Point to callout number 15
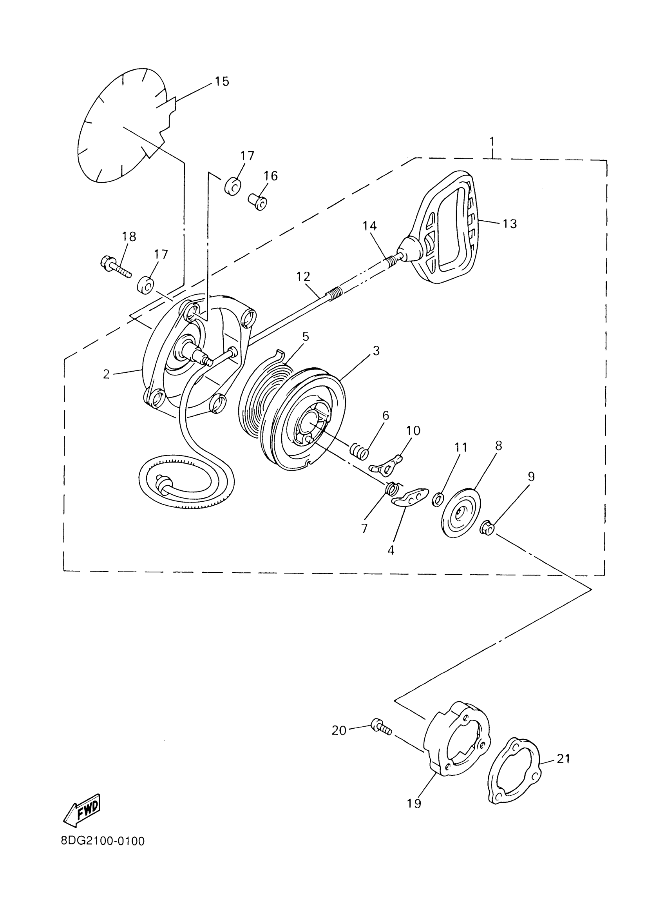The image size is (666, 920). [222, 81]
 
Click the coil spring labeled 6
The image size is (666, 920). [359, 451]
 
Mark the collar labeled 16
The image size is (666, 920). [258, 201]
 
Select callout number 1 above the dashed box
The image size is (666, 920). [492, 142]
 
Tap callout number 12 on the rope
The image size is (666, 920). [303, 277]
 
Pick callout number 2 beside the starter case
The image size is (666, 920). [106, 374]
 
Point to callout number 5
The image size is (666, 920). [305, 336]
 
